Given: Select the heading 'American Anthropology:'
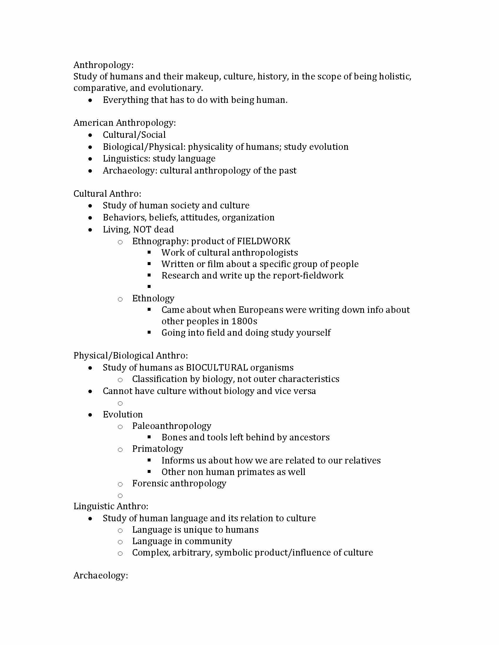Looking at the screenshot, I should click(124, 123).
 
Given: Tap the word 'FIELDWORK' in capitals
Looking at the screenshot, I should click(264, 241).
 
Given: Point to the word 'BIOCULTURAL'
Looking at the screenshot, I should click(217, 367).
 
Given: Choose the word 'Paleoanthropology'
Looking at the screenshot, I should click(171, 426).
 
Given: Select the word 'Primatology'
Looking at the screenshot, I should click(157, 449).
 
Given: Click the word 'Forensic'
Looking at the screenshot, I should click(150, 483).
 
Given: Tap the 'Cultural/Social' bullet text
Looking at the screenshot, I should click(134, 135).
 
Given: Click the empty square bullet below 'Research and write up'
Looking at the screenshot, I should click(149, 286).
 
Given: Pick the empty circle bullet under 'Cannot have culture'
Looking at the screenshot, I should click(120, 403).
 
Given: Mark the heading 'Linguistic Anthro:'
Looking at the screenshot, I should click(111, 506).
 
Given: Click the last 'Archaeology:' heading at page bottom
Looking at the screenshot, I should click(100, 575).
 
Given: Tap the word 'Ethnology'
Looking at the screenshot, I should click(153, 298).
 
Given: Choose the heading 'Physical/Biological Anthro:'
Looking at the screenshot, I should click(130, 355).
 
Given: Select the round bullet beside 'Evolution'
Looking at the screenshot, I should click(90, 415).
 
